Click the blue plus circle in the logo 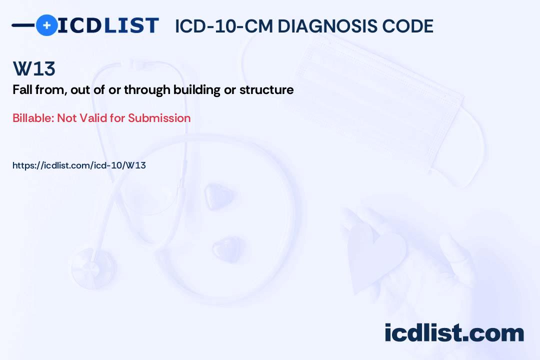point(46,25)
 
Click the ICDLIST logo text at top point(108,25)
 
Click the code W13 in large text point(34,69)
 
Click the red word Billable point(33,118)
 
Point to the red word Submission point(159,118)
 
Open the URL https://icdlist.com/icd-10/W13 point(79,165)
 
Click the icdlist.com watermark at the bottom point(454,333)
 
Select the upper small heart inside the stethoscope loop point(218,195)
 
